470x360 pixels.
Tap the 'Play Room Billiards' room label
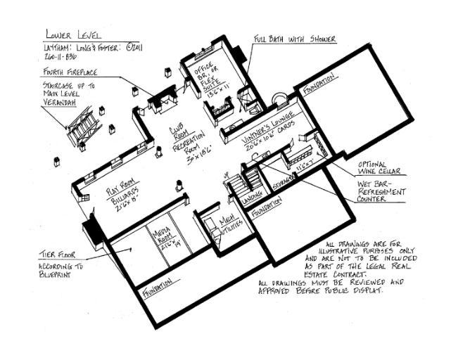[x=125, y=193]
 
